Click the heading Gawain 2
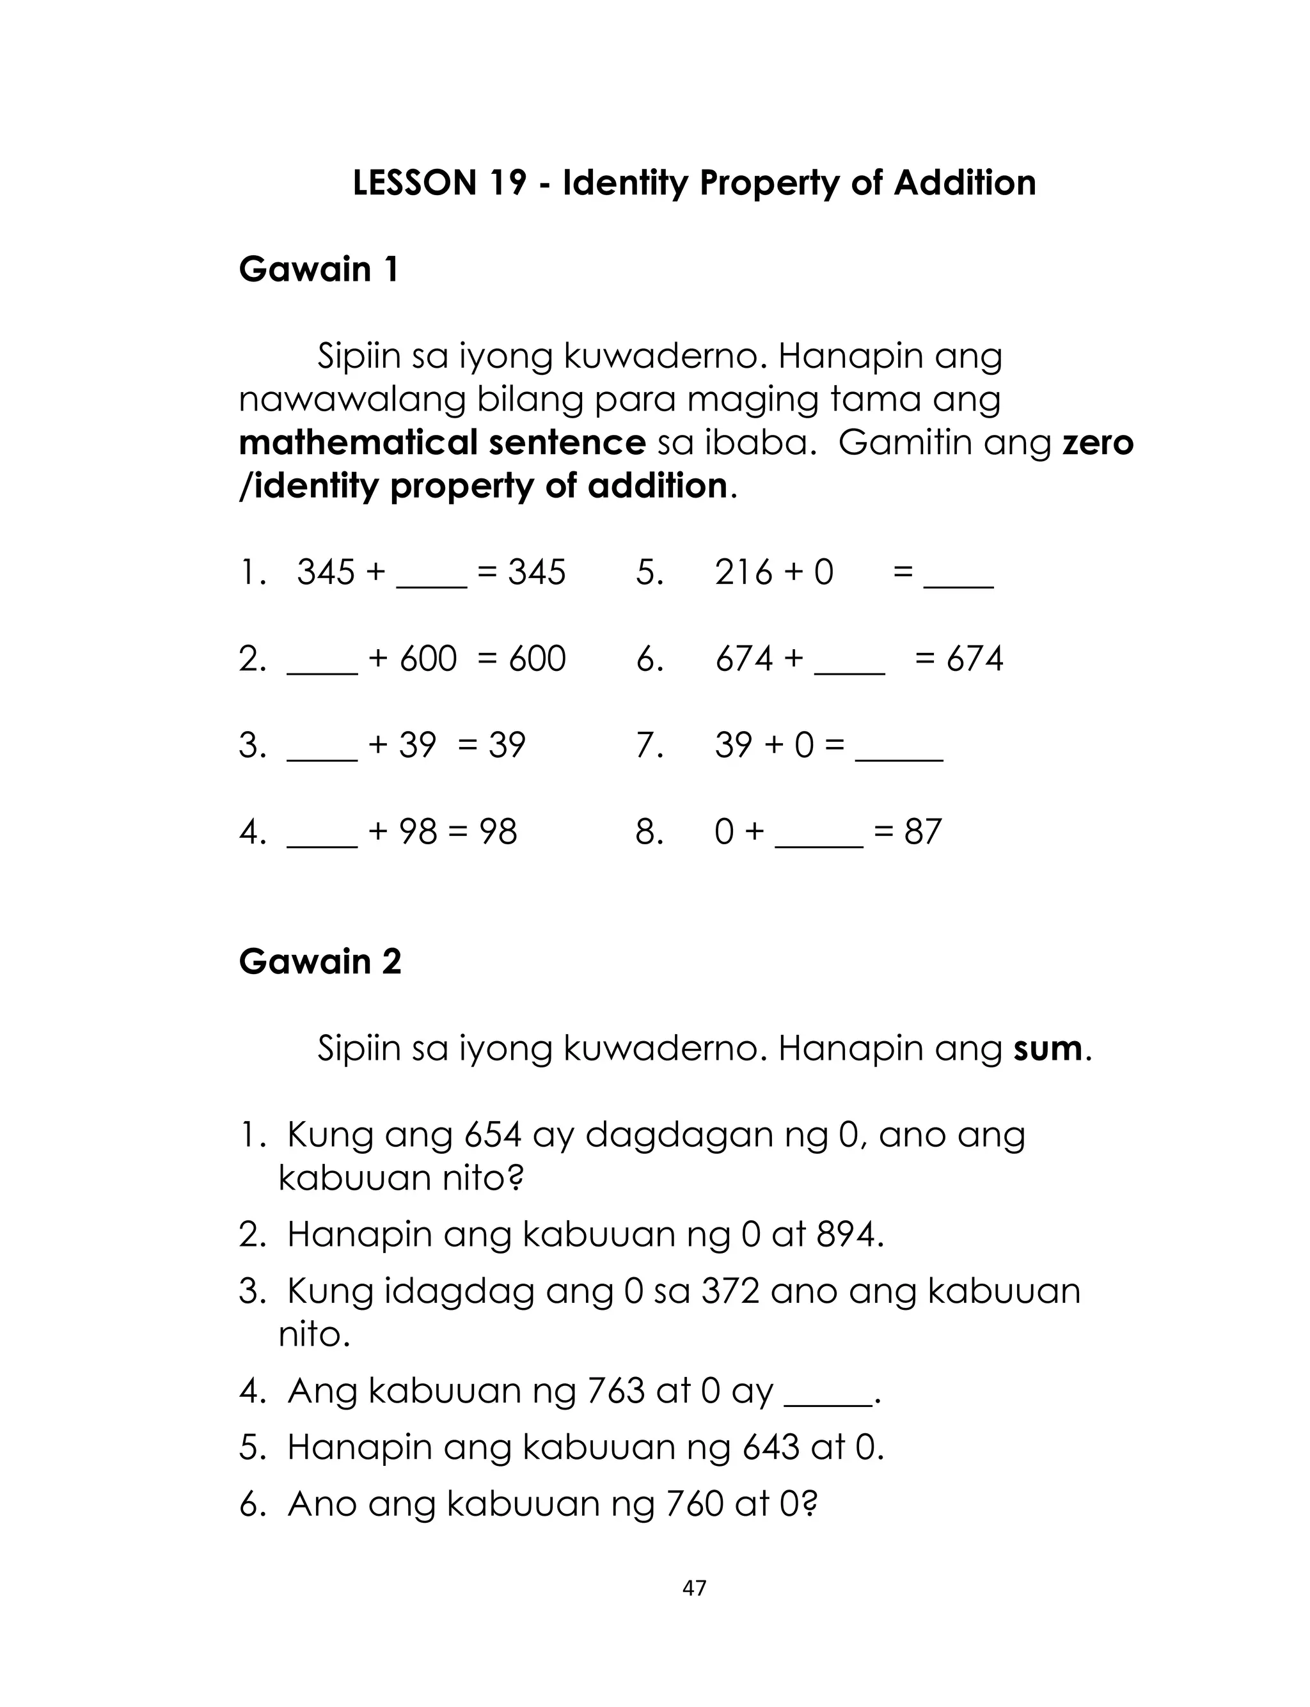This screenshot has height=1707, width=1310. coord(320,962)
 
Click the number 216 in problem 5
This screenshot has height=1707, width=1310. coord(743,573)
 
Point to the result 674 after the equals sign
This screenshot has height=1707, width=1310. coord(974,659)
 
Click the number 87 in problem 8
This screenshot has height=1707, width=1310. coord(922,833)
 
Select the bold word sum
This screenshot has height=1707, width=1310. coord(1047,1049)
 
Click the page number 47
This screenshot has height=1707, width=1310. coord(694,1589)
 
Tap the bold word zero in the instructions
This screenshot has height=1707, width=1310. coord(1098,443)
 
